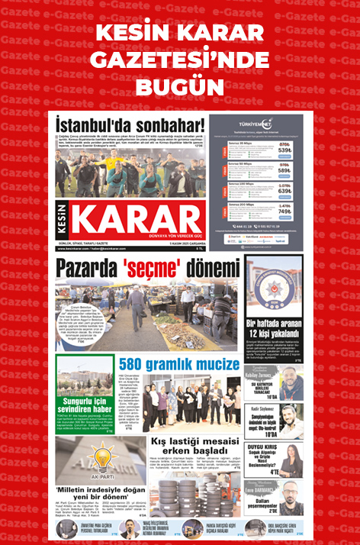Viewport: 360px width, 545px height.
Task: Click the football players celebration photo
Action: click(130, 174)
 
